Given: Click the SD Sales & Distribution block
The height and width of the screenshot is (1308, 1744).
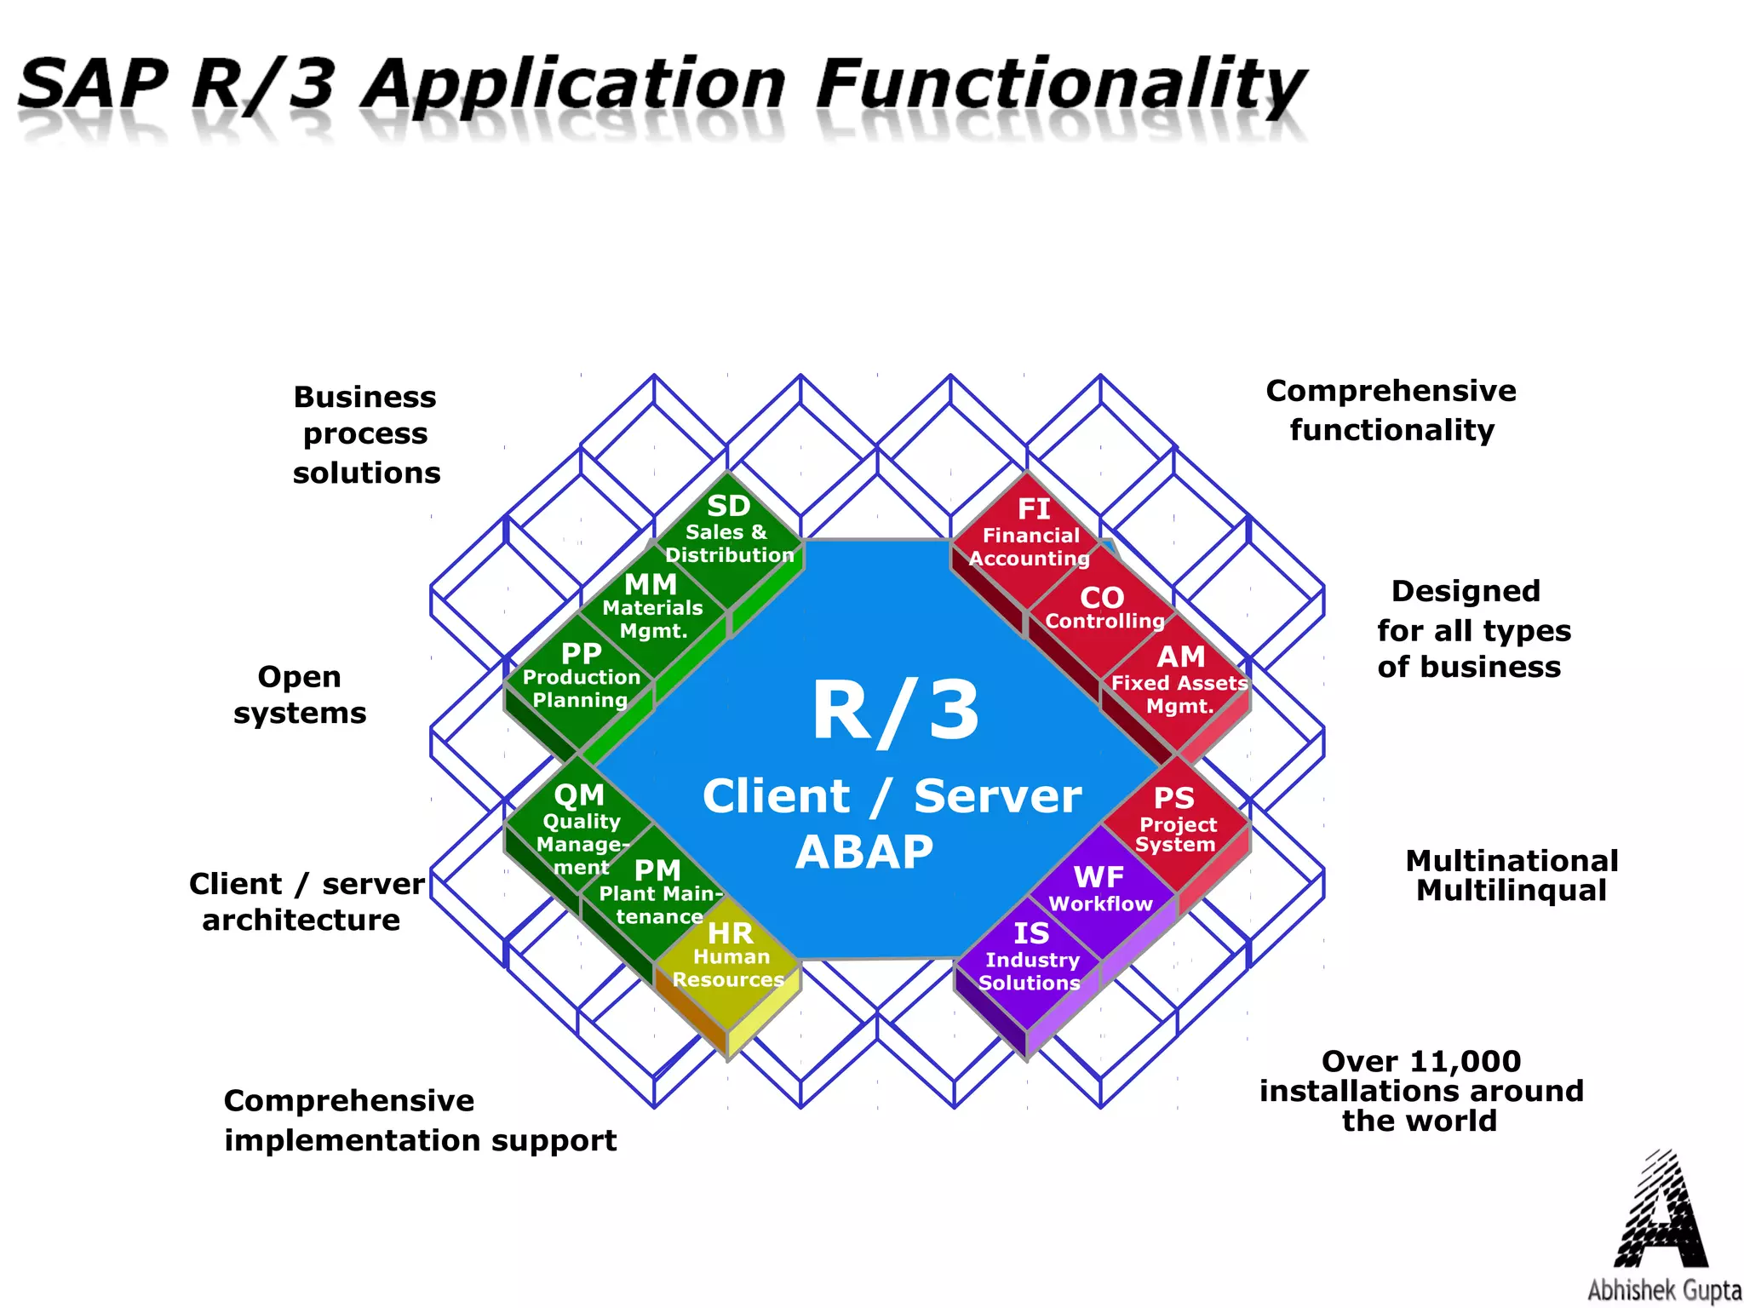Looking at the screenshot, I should (x=728, y=532).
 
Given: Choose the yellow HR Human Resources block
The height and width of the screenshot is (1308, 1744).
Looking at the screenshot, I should (x=729, y=958).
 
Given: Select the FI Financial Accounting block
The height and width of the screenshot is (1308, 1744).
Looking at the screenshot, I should (x=1030, y=535).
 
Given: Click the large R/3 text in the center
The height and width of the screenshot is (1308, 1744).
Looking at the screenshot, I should (x=894, y=711).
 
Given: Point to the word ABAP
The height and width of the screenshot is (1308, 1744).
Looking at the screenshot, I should (x=863, y=852).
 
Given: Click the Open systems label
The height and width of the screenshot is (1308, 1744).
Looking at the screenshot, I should (x=300, y=695).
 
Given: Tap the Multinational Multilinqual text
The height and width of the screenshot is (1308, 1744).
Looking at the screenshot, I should (x=1512, y=875).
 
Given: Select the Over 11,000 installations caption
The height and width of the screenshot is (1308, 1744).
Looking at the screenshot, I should (x=1420, y=1091).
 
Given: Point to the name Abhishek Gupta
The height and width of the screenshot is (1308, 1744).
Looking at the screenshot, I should (x=1663, y=1290).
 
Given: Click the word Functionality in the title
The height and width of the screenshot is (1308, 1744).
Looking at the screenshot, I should (x=1060, y=85).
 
